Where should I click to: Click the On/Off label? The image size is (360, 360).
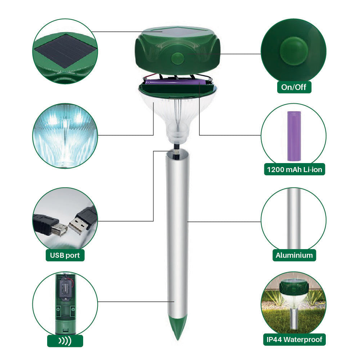(294, 87)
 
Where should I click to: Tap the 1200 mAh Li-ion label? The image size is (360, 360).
(294, 170)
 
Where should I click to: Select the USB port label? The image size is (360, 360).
(65, 255)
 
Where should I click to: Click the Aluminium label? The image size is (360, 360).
(294, 255)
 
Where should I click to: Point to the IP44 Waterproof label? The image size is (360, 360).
(294, 339)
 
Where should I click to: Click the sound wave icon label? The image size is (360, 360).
(65, 341)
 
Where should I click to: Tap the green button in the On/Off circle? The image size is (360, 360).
(294, 51)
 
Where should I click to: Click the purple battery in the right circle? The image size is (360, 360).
(294, 136)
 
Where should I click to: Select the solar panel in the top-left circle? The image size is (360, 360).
(65, 51)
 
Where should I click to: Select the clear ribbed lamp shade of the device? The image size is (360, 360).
(177, 117)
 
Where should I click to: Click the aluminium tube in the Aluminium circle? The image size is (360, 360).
(294, 218)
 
